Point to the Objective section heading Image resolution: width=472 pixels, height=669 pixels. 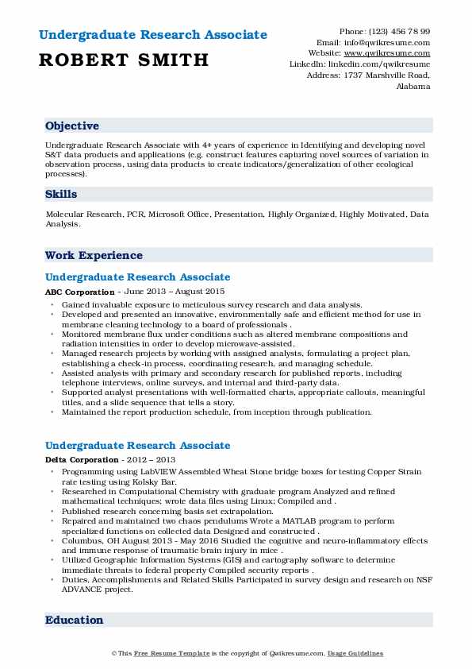click(72, 126)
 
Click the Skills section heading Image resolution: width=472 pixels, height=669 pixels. click(61, 194)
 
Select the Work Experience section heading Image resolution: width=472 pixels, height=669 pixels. click(94, 256)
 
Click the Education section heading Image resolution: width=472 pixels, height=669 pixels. click(74, 621)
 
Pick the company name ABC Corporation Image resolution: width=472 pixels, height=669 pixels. click(79, 292)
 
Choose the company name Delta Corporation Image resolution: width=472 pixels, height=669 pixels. click(82, 460)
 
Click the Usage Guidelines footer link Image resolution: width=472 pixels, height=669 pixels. click(355, 654)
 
